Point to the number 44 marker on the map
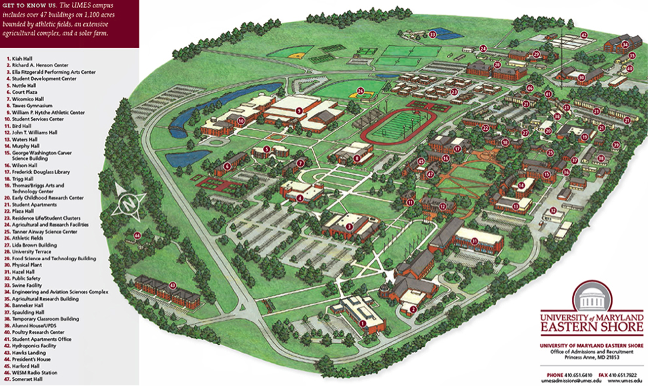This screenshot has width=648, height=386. pyautogui.click(x=137, y=235)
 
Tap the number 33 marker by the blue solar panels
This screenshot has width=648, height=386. pyautogui.click(x=432, y=33)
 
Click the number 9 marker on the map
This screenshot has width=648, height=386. pyautogui.click(x=300, y=110)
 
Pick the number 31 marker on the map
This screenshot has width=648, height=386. pyautogui.click(x=475, y=240)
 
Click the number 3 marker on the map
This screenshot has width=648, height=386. pyautogui.click(x=349, y=226)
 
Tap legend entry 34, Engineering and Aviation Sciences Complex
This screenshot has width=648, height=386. pyautogui.click(x=60, y=291)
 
